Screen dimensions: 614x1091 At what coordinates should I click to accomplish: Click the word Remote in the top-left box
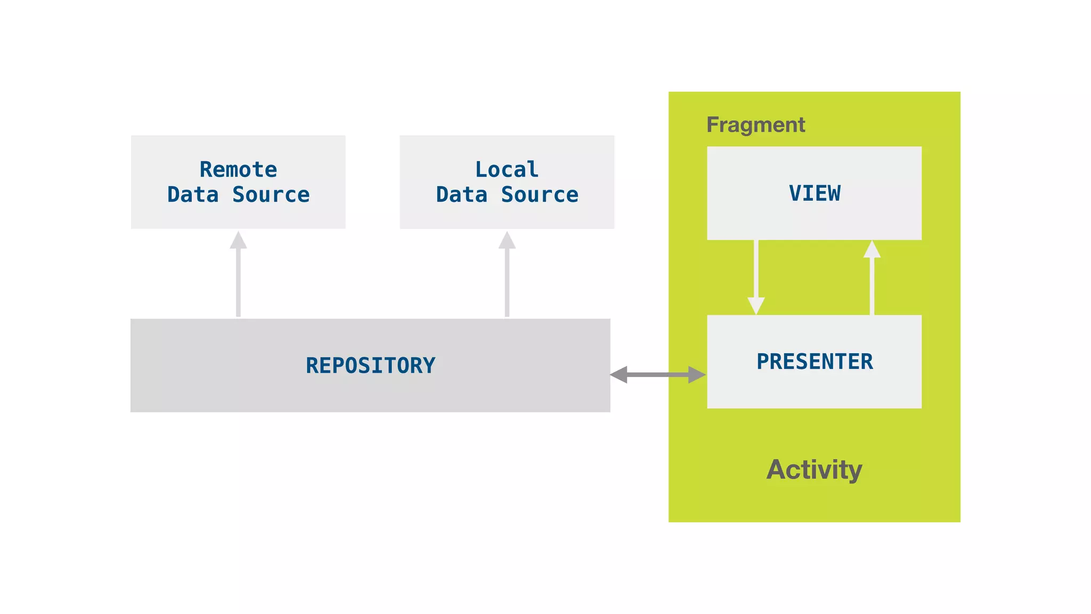pos(238,169)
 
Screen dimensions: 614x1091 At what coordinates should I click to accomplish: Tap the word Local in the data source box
pos(507,169)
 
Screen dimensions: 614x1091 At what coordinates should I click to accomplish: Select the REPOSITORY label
pos(370,366)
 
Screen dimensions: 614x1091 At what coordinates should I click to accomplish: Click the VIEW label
pos(815,193)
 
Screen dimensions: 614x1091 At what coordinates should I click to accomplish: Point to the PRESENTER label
pos(815,361)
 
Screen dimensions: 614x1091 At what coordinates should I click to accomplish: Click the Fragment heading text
pos(755,125)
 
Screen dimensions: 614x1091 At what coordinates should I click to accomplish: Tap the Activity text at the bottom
pos(814,470)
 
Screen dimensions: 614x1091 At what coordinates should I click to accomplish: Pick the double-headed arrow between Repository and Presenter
pos(658,375)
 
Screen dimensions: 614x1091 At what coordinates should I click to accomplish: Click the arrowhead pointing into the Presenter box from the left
pos(697,375)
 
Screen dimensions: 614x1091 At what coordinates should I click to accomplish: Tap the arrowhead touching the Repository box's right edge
pos(619,375)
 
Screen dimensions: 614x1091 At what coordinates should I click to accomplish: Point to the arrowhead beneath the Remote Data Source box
pos(238,241)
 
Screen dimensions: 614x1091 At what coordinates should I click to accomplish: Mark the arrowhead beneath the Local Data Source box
pos(507,241)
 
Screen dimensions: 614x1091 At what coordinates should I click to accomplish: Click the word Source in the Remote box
pos(271,195)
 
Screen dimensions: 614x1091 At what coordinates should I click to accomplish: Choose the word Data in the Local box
pos(461,195)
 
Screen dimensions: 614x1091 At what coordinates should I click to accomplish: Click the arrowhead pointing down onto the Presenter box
pos(756,305)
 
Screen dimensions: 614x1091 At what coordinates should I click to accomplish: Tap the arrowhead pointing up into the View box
pos(872,249)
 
